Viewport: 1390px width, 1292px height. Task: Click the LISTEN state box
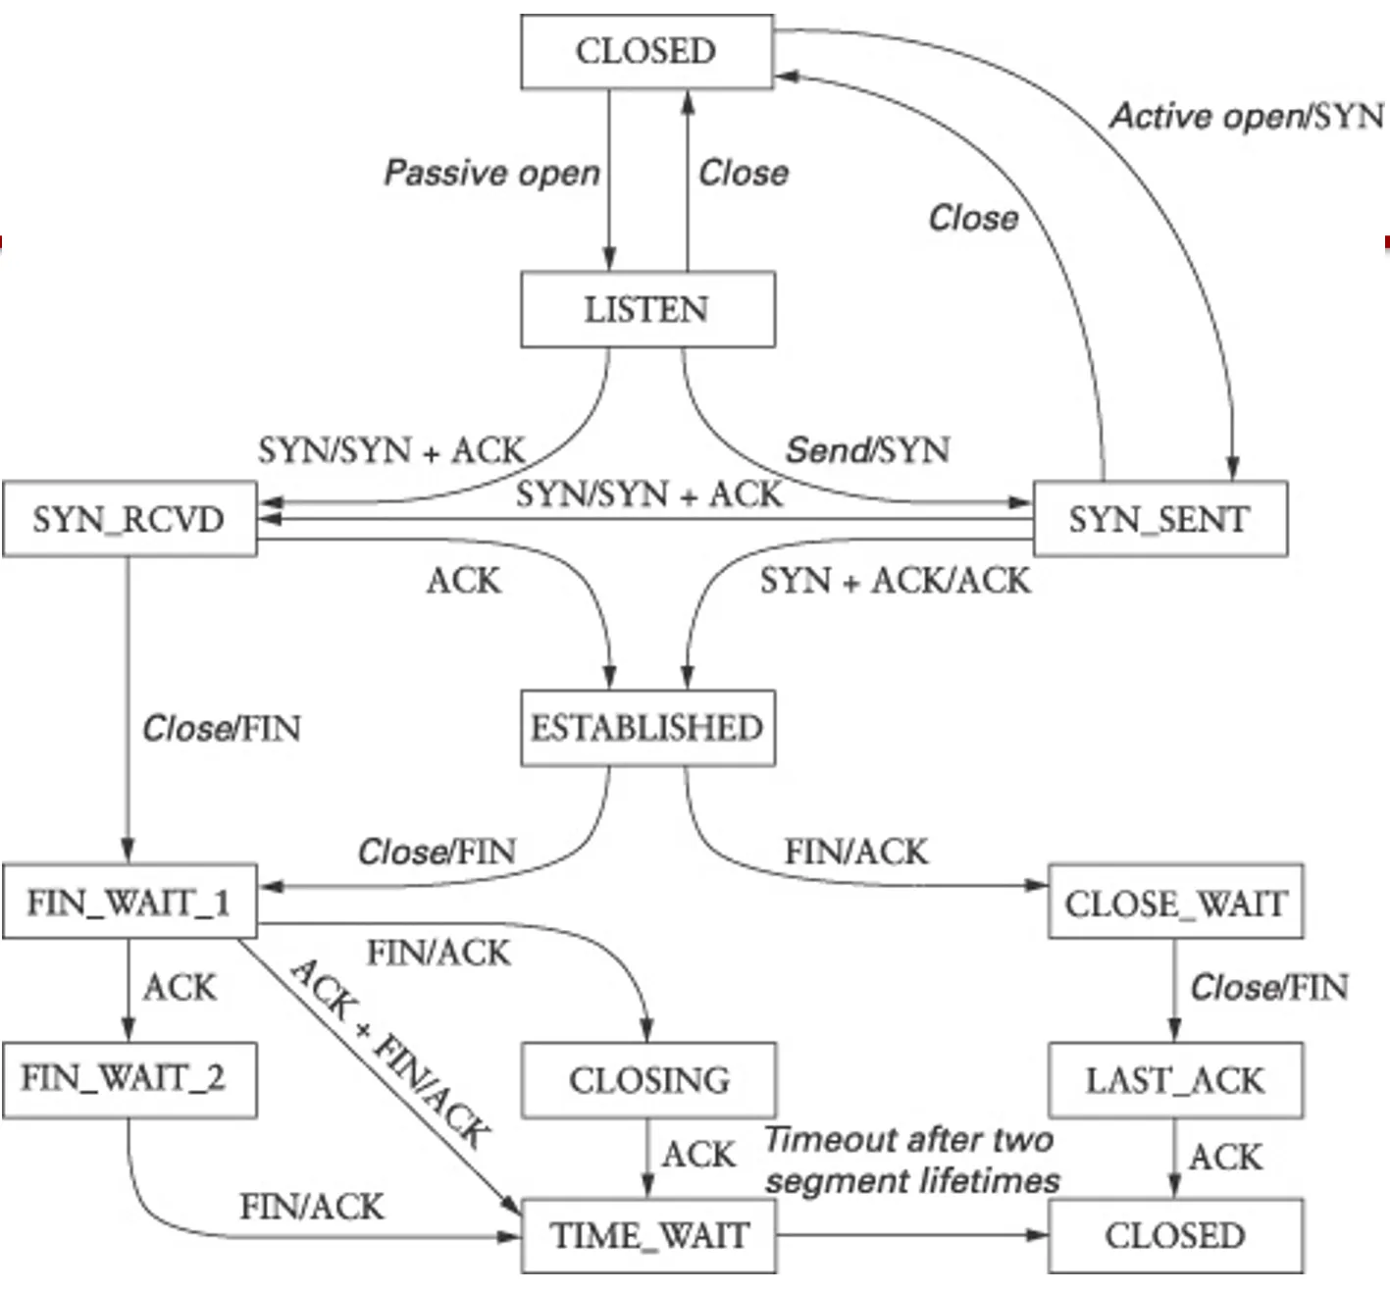647,310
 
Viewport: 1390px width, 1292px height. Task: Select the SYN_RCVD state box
129,519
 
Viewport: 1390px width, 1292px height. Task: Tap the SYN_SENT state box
1159,519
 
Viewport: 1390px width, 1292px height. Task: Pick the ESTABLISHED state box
647,728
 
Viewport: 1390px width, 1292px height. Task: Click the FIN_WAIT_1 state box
129,902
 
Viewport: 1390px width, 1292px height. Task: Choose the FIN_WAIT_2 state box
128,1079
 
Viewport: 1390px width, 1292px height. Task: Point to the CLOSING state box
648,1080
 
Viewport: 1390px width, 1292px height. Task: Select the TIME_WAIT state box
648,1235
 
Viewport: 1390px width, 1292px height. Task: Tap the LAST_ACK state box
1175,1080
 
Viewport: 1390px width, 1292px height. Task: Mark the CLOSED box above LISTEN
646,51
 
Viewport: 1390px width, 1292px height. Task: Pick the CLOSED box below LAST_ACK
1175,1235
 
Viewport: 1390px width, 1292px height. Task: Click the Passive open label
491,173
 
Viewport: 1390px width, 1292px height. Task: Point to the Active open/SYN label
1247,116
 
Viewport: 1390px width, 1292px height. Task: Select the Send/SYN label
867,450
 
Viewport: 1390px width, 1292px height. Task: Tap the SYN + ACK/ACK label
895,581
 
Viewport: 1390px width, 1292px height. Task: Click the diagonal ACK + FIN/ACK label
390,1053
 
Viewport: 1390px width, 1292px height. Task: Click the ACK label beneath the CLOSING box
698,1155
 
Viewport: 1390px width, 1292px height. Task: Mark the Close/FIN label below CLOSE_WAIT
1269,987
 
